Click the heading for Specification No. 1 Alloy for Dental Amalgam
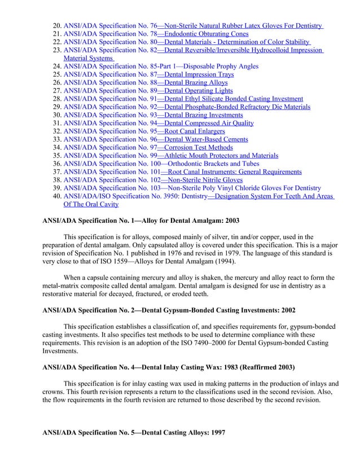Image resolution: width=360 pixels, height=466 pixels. click(x=142, y=221)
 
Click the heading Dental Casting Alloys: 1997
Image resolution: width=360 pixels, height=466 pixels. click(x=134, y=432)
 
